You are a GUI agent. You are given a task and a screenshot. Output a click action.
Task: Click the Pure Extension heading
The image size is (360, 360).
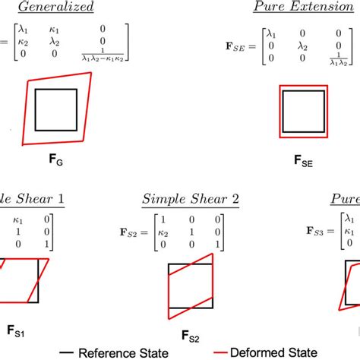299,8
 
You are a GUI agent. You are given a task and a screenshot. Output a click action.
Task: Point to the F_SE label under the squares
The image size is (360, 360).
302,161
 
